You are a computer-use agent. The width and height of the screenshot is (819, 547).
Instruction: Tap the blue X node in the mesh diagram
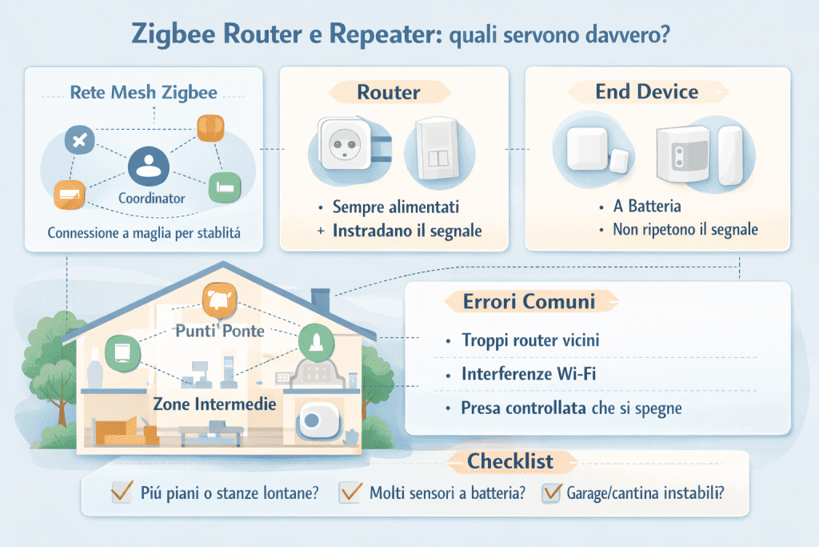click(x=80, y=142)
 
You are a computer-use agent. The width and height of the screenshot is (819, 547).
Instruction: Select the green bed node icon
click(x=223, y=187)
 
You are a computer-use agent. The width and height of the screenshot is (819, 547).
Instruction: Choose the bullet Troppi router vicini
click(x=530, y=340)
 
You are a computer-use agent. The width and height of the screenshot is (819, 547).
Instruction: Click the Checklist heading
click(x=510, y=462)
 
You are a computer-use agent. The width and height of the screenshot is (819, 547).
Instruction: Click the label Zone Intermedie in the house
click(x=214, y=404)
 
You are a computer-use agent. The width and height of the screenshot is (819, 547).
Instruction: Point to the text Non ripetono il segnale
click(x=685, y=230)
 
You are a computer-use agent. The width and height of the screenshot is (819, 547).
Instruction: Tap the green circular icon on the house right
click(x=314, y=342)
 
